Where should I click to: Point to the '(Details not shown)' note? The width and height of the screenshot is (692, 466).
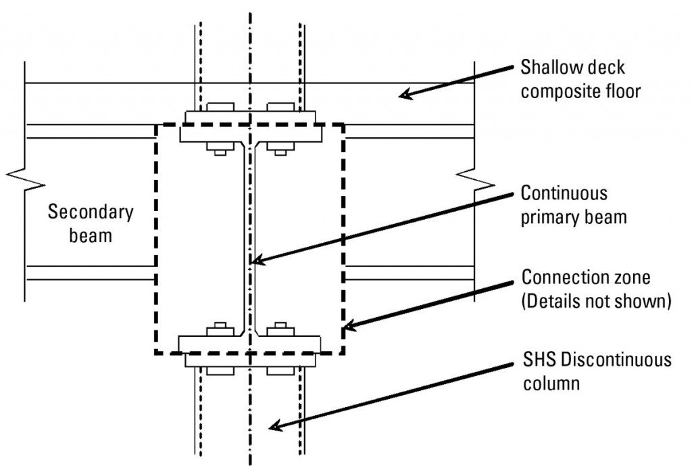pos(595,301)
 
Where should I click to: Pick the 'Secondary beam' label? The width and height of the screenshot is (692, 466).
pos(91,224)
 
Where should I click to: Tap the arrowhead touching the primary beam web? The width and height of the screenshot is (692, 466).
pos(254,260)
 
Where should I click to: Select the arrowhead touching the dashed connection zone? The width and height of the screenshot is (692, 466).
pos(347,328)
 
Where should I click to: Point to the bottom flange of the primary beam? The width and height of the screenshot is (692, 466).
pos(248,343)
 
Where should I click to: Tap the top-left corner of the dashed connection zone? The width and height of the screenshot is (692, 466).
pos(156,124)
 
